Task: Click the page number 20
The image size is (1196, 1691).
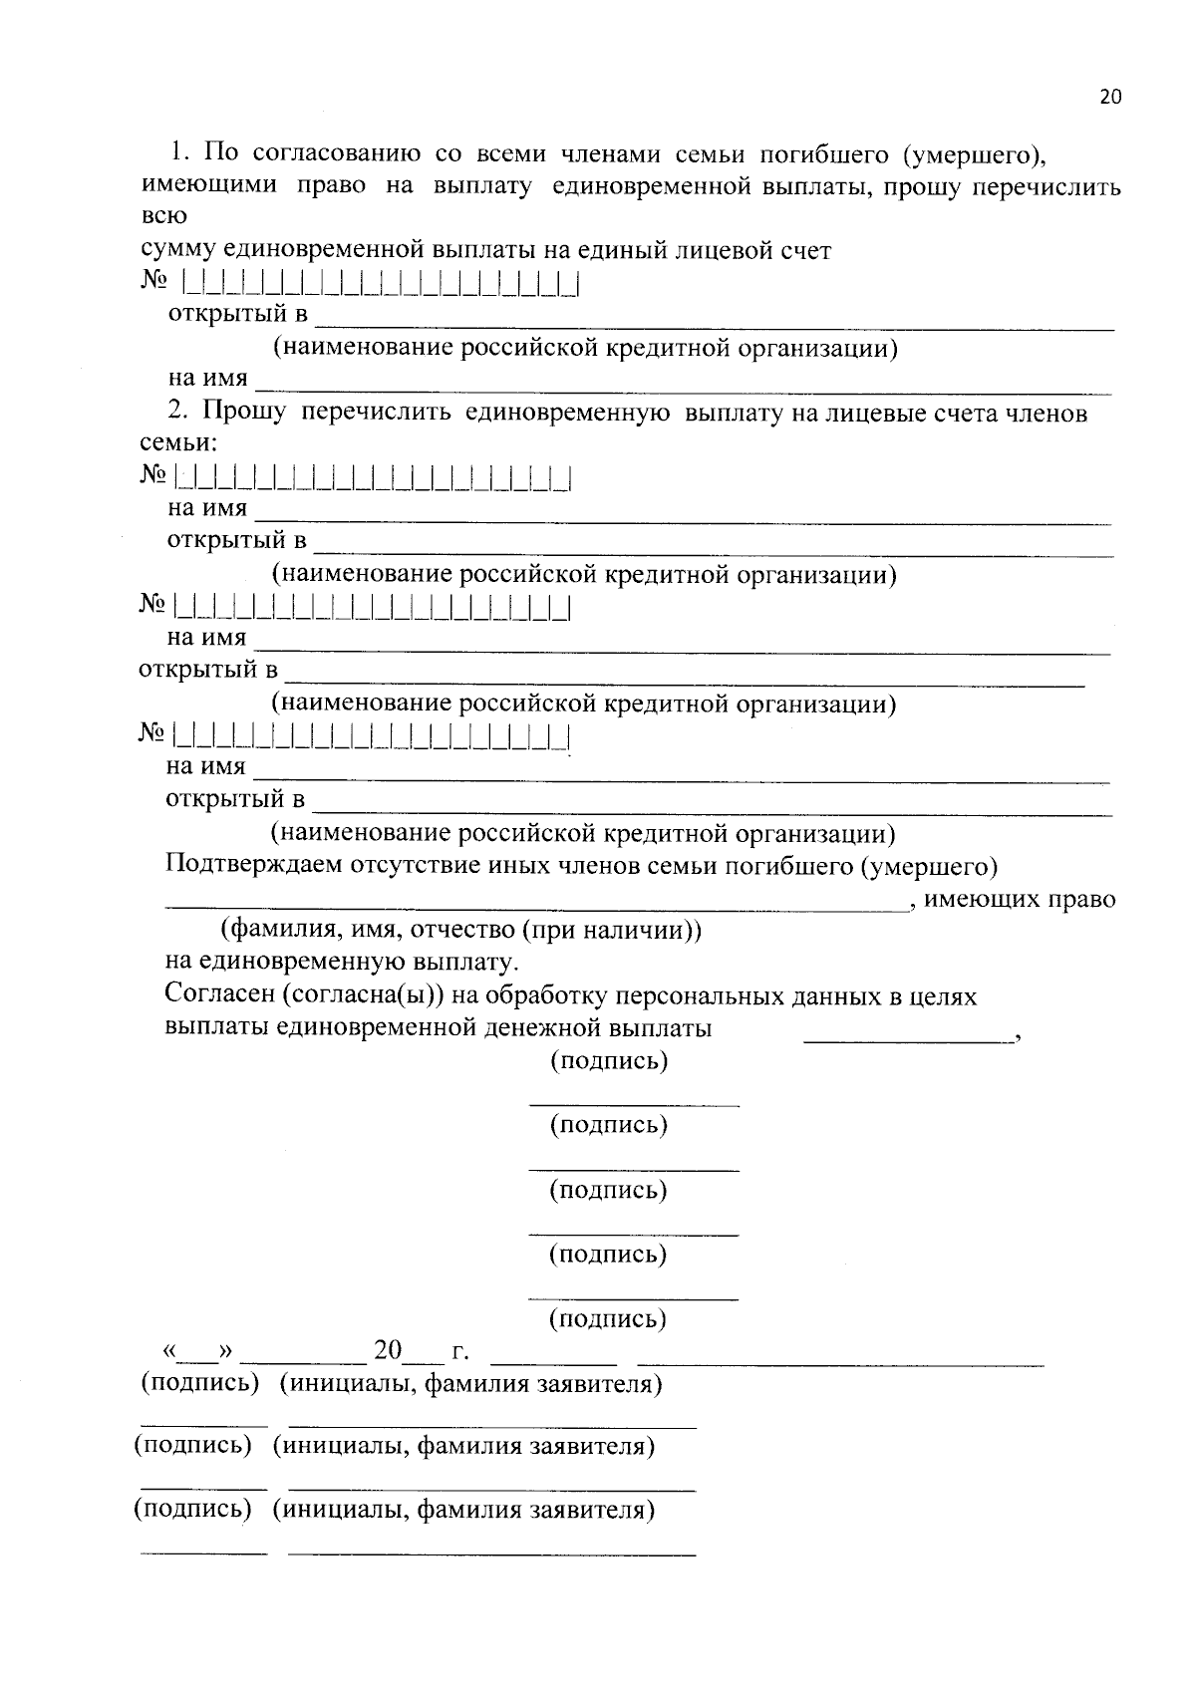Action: pos(1110,97)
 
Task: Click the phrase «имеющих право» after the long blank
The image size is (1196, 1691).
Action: pos(1020,899)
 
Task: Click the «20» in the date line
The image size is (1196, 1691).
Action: pos(388,1351)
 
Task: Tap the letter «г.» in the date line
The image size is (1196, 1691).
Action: pos(460,1353)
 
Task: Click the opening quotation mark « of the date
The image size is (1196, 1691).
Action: pos(169,1352)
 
